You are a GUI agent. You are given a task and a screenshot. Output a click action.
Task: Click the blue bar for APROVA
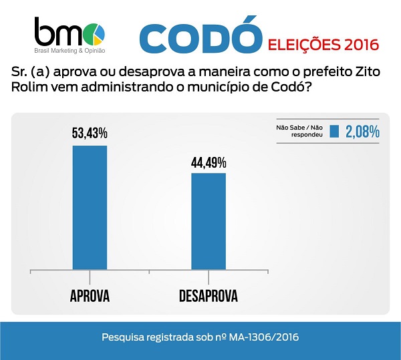coord(90,208)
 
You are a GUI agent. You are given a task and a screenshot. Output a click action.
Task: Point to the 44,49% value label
coord(209,162)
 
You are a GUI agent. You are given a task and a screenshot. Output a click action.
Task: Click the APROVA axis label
coord(90,295)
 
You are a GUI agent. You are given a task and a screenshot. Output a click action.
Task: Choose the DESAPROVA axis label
coord(209,295)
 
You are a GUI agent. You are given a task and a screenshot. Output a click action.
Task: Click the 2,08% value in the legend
coord(362,132)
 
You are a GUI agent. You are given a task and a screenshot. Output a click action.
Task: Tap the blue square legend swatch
coord(335,132)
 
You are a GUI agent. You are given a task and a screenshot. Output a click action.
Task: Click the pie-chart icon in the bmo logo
coord(98,31)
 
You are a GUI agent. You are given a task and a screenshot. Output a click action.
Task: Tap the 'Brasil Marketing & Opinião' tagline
coord(74,51)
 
